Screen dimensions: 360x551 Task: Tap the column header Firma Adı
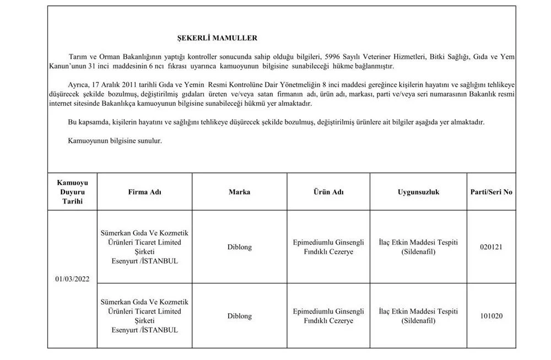click(145, 192)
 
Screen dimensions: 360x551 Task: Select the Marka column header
click(239, 192)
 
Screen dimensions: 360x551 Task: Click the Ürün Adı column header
click(328, 192)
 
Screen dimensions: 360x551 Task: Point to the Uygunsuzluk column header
click(418, 192)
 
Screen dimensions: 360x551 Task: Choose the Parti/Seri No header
click(491, 192)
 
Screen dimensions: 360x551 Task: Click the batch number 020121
click(491, 247)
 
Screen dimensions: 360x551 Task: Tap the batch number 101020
click(491, 316)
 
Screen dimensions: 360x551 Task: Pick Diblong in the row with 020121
click(239, 247)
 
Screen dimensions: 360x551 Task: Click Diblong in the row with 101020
click(239, 316)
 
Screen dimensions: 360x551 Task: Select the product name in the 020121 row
click(328, 247)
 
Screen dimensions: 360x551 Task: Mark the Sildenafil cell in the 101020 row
click(418, 316)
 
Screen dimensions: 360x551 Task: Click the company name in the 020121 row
click(145, 247)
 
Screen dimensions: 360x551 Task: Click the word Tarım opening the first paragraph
click(77, 56)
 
